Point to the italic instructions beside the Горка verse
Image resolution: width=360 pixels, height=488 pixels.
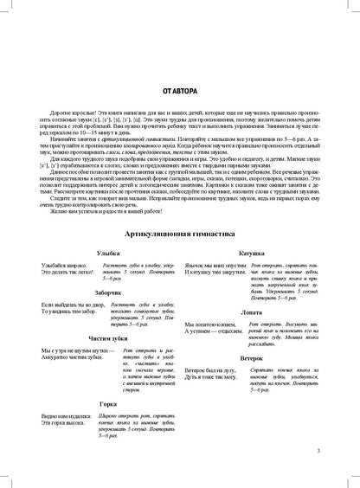(x=138, y=414)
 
